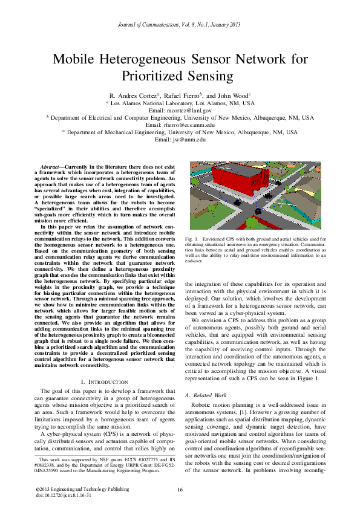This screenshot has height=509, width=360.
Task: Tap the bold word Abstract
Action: click(x=51, y=166)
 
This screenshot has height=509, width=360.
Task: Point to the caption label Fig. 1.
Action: click(x=193, y=240)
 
